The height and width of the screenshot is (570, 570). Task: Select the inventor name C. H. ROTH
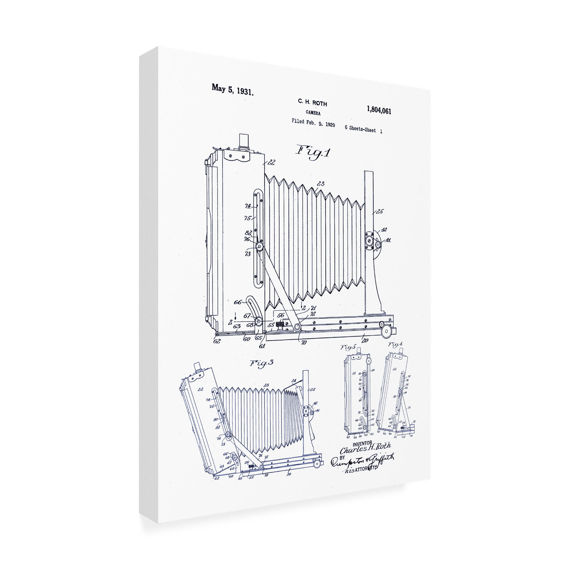[312, 102]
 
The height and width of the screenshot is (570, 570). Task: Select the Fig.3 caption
[261, 363]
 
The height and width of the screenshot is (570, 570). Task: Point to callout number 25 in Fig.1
[380, 211]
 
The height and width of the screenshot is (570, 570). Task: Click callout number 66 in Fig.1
[237, 302]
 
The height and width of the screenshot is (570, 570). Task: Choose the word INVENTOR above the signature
[362, 443]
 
